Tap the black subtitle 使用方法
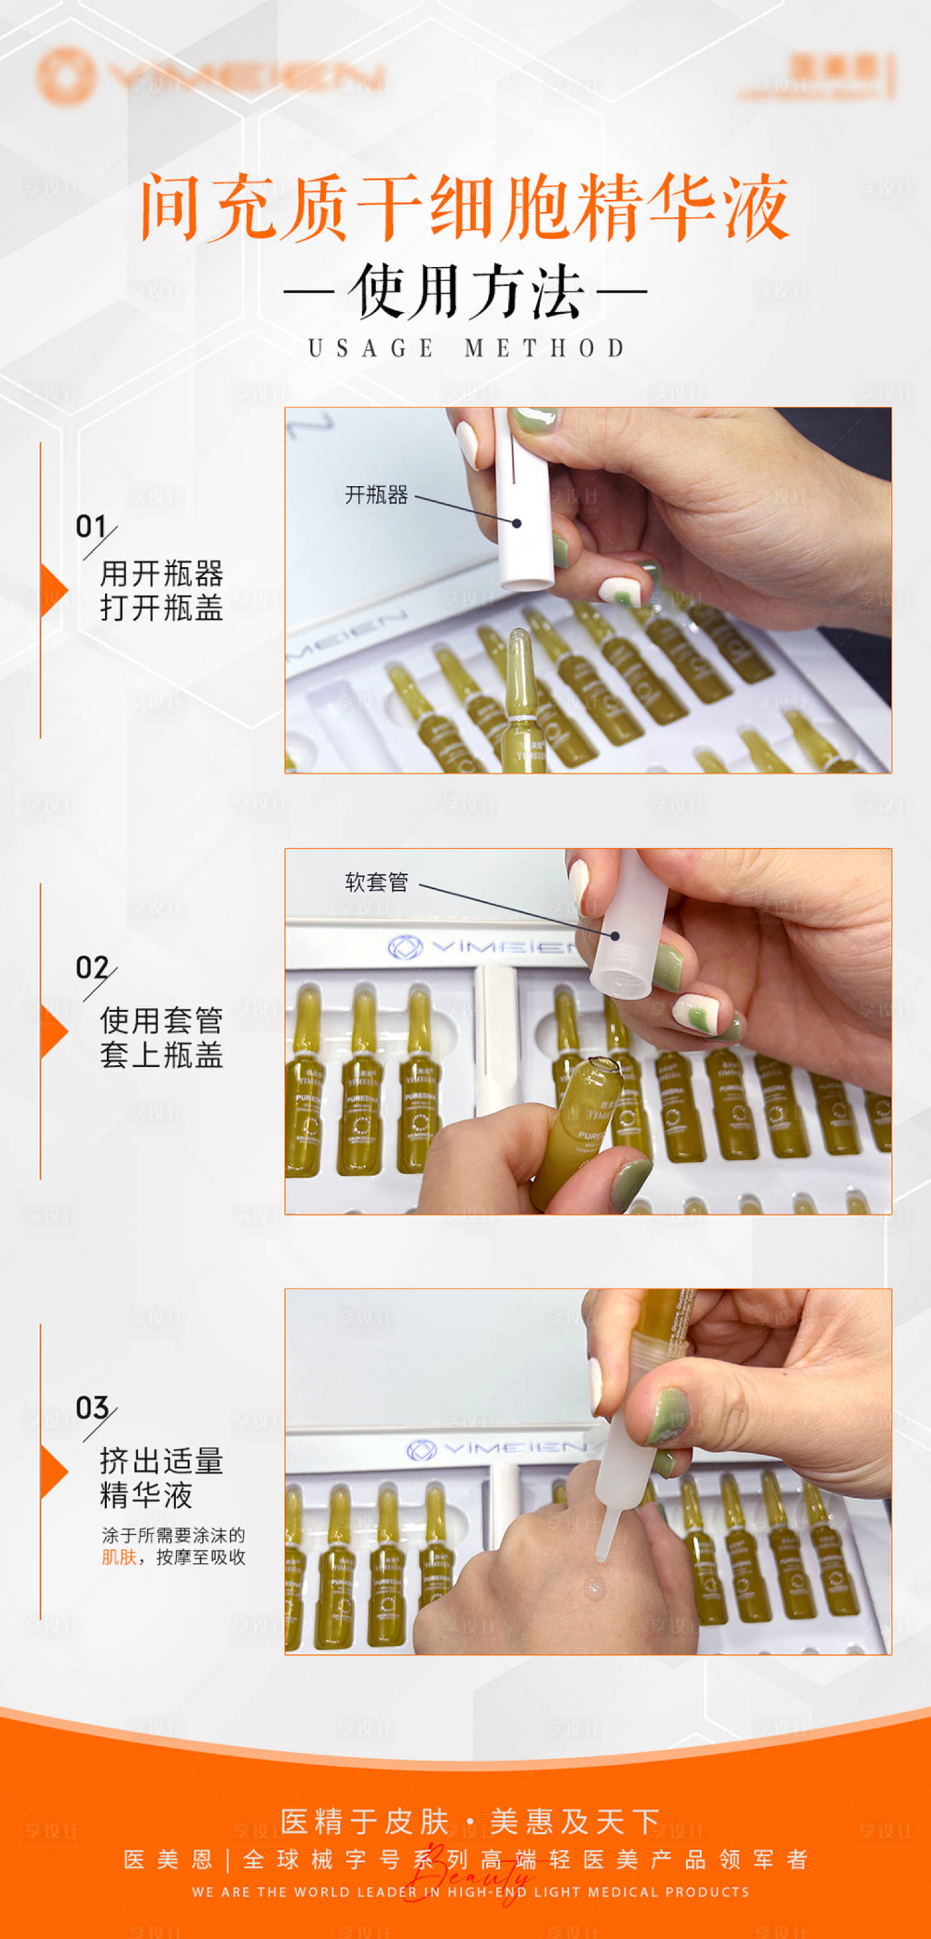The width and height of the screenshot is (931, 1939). tap(465, 291)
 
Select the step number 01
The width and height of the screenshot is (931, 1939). tap(91, 526)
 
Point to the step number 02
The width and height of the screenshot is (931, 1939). tap(91, 967)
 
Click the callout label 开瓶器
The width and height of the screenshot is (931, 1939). tap(376, 495)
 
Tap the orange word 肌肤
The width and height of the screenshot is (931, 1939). tap(119, 1556)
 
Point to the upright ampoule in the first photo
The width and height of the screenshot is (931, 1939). tap(521, 700)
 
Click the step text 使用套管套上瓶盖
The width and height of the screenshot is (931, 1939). tap(161, 1037)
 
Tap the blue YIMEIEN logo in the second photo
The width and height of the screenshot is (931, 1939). tap(481, 947)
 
